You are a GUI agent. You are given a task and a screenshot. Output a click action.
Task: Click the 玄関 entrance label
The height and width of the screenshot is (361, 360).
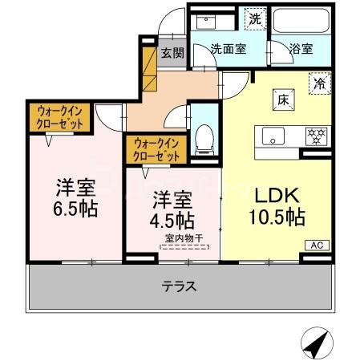tap(171, 54)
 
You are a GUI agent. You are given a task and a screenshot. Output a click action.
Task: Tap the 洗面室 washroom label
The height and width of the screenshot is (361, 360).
tap(229, 48)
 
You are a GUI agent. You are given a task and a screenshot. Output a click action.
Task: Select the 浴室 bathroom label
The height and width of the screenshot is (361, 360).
tap(301, 48)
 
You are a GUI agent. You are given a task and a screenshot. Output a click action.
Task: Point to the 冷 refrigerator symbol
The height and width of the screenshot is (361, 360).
tap(319, 82)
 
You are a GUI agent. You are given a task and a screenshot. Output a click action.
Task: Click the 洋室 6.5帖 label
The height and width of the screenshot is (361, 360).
tap(76, 199)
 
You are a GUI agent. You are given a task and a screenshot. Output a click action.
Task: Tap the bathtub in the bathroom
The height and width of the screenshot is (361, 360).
tap(301, 19)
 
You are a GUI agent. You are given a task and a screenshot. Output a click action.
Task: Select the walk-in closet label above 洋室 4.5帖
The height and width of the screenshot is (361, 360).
tap(156, 148)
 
